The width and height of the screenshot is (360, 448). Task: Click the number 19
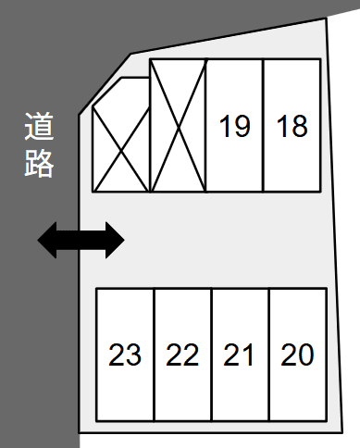click(x=235, y=125)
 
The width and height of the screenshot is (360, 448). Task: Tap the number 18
click(x=292, y=125)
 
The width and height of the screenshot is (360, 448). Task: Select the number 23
click(x=125, y=355)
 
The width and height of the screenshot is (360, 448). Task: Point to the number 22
click(x=182, y=355)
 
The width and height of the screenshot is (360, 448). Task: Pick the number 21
click(x=240, y=355)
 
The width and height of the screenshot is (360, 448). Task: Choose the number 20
click(x=297, y=355)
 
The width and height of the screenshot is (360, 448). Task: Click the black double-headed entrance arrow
click(x=81, y=241)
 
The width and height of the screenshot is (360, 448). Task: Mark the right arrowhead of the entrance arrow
click(x=113, y=241)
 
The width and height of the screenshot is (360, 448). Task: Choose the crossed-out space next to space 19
click(x=178, y=125)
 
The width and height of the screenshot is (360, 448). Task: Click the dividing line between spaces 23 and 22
click(x=154, y=355)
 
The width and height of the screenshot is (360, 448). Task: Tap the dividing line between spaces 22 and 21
click(x=211, y=355)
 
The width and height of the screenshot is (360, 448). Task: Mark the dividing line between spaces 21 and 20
click(x=268, y=355)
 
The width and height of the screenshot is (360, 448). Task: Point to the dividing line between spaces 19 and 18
click(x=264, y=125)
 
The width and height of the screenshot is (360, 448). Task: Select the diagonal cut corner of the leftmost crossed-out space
click(x=106, y=93)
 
